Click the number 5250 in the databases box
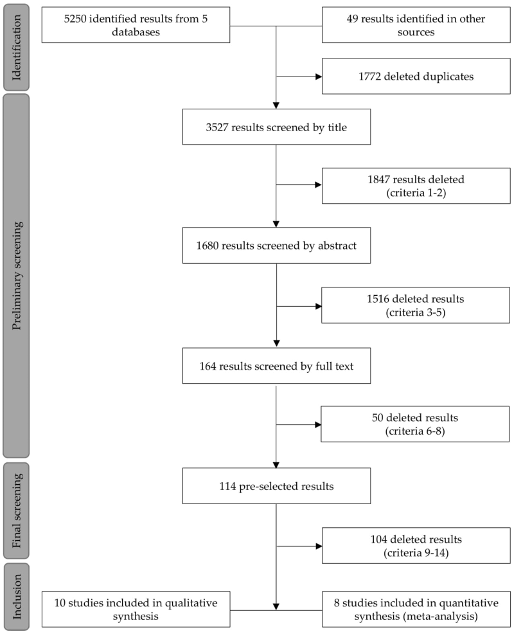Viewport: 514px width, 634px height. [75, 19]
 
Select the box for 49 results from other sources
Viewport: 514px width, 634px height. [416, 24]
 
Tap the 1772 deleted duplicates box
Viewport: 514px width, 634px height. [416, 76]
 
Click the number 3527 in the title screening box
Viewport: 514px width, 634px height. [217, 127]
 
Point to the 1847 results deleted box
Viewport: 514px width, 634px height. [416, 186]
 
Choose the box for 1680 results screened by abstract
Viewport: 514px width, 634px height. [276, 246]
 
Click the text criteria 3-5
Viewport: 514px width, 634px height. [416, 312]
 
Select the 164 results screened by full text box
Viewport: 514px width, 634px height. [276, 365]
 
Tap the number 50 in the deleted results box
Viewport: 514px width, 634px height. [377, 418]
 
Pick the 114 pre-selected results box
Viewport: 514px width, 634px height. [276, 485]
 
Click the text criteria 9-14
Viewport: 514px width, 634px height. [416, 553]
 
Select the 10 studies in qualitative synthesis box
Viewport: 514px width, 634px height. [136, 609]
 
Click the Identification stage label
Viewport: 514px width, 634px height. [16, 48]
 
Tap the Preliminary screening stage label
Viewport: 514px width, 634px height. [16, 276]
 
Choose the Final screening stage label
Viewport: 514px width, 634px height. [16, 511]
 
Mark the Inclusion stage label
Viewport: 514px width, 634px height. [16, 597]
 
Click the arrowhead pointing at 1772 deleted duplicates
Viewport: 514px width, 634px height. [319, 77]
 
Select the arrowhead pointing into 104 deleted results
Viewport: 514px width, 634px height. [319, 547]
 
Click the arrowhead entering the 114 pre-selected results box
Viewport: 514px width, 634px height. [276, 465]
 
